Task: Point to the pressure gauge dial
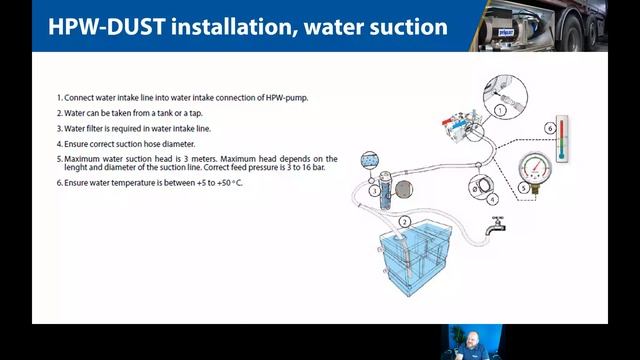541,167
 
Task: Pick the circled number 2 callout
404,221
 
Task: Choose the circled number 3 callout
374,190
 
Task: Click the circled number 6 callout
549,128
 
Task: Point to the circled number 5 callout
524,188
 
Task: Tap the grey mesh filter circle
403,188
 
